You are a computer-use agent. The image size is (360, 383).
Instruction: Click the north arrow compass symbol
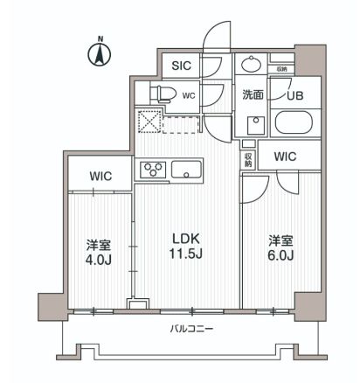coord(100,52)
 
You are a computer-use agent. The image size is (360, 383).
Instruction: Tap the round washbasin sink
coord(252,66)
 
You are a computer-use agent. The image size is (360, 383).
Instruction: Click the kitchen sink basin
coord(186,169)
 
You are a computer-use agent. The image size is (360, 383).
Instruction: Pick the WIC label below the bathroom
coord(285,157)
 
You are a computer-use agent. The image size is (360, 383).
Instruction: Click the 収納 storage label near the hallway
coord(248,158)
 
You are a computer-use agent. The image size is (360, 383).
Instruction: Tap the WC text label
coord(188,95)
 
